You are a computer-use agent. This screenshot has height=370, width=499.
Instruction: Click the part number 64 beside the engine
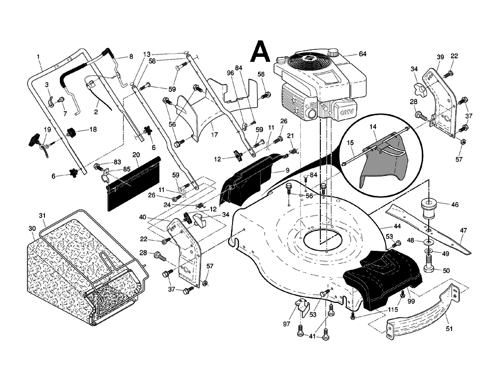tap(362, 54)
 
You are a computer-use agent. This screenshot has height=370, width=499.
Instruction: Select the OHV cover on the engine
tap(344, 111)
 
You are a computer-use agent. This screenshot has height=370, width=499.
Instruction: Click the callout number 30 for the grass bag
tap(32, 228)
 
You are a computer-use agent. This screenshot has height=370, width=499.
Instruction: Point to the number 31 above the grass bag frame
tap(42, 215)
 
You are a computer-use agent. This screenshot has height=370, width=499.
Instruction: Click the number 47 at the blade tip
tap(464, 230)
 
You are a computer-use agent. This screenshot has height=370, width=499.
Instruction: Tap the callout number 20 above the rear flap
tap(136, 155)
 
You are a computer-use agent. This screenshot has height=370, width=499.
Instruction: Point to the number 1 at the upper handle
tap(38, 56)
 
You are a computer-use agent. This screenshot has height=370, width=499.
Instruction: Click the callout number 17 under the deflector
tap(214, 134)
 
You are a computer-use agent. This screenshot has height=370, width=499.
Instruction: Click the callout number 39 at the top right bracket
tap(440, 57)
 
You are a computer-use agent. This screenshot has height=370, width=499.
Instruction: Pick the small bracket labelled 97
tap(300, 309)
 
